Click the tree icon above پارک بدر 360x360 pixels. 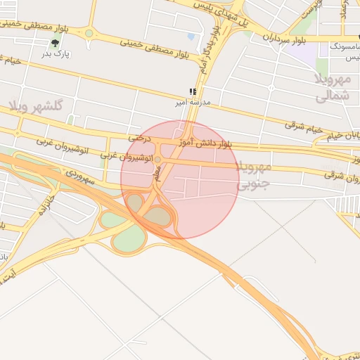pyautogui.click(x=55, y=44)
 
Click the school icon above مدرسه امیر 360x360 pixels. pyautogui.click(x=193, y=92)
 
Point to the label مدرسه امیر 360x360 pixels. pyautogui.click(x=193, y=103)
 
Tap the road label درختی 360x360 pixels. pyautogui.click(x=138, y=139)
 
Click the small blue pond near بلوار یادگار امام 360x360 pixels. pyautogui.click(x=191, y=36)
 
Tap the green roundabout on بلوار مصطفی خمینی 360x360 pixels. pyautogui.click(x=89, y=32)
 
